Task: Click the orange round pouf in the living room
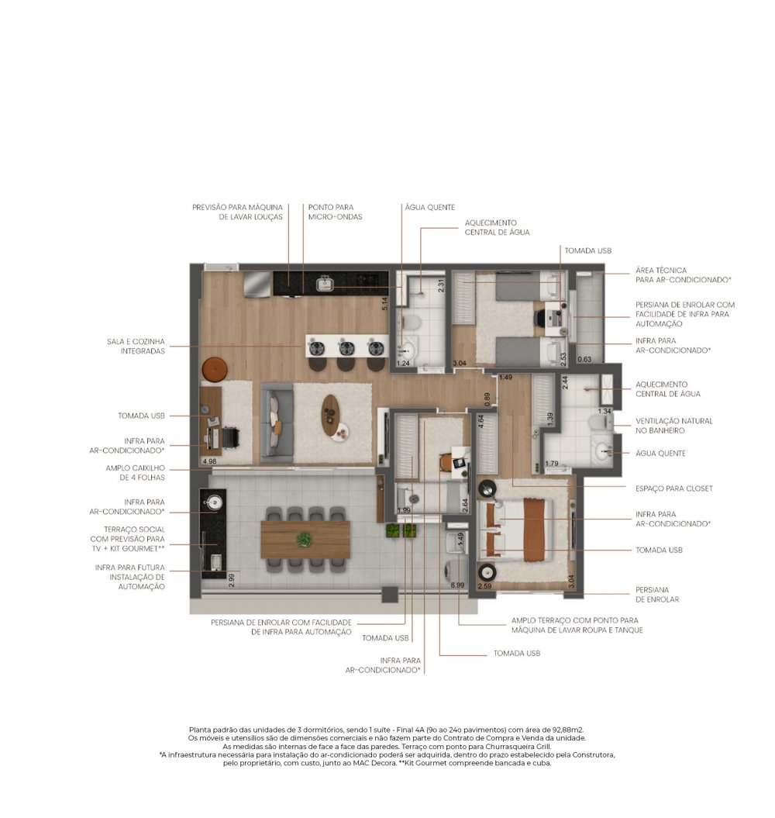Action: coord(215,369)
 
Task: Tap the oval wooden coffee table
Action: coord(330,415)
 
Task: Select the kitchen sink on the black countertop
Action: coord(325,283)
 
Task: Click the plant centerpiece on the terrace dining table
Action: coord(305,539)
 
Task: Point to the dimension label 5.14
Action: coord(384,304)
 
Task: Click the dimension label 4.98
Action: coord(209,461)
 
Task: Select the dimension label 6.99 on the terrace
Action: coord(457,585)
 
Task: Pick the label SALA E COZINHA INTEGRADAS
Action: coord(136,347)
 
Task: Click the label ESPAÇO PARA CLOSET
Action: coord(673,488)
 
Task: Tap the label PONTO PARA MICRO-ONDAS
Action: coord(335,212)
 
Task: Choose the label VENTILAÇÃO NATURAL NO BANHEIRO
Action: coord(673,426)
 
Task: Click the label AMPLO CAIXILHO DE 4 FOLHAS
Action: coord(135,473)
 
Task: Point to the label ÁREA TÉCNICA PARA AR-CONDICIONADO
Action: coord(684,275)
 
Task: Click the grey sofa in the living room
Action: coord(277,423)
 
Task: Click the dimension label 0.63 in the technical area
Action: coord(584,359)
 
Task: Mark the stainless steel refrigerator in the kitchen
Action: coord(257,283)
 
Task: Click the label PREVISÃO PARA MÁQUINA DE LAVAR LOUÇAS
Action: coord(237,212)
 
